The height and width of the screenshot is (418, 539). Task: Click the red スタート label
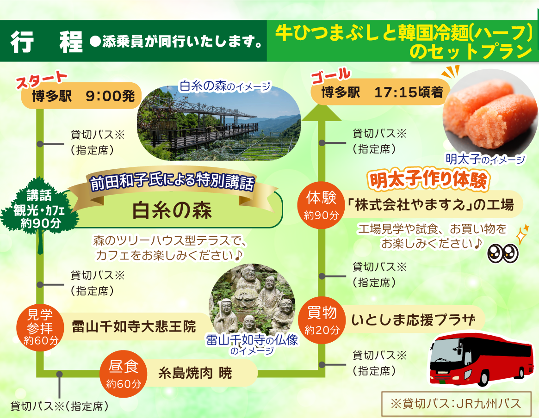[42, 80]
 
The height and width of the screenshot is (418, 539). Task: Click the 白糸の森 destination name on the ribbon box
[172, 210]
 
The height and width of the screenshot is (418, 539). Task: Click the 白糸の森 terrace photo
[219, 123]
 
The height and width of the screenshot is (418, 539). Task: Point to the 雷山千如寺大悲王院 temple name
[134, 326]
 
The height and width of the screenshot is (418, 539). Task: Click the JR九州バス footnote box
[456, 403]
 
